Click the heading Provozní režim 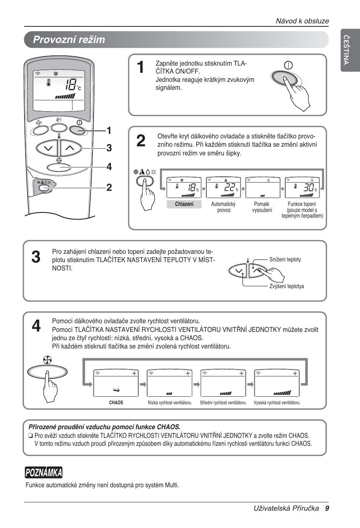(x=69, y=40)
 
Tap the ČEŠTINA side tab (x=346, y=50)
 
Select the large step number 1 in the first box (x=140, y=68)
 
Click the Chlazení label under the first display (x=184, y=204)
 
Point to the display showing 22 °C (x=223, y=187)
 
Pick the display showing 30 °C (x=302, y=187)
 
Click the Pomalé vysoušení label (x=262, y=207)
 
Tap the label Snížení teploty (x=285, y=259)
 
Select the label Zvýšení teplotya (x=286, y=286)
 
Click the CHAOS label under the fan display (x=116, y=403)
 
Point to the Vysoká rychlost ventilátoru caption (x=277, y=403)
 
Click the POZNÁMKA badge (x=44, y=473)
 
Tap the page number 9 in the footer (x=327, y=508)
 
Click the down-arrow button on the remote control (x=48, y=148)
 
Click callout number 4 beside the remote (x=109, y=167)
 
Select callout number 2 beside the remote (x=109, y=187)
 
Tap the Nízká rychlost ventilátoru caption (x=170, y=403)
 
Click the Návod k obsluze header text (x=302, y=21)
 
